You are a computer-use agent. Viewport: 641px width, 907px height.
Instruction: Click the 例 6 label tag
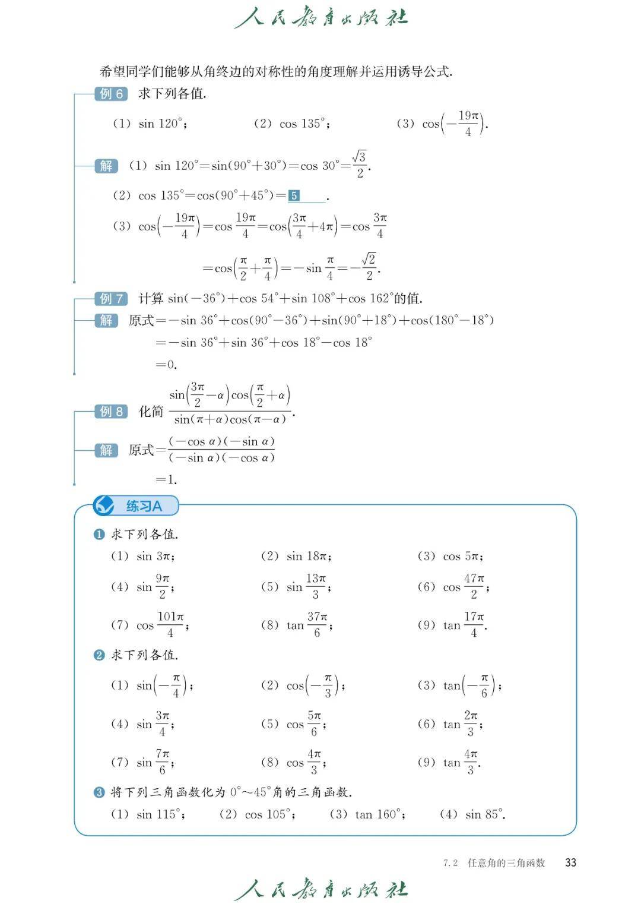click(x=111, y=94)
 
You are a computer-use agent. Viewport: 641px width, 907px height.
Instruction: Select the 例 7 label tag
click(x=111, y=299)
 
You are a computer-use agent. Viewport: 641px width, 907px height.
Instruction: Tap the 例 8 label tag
click(x=111, y=412)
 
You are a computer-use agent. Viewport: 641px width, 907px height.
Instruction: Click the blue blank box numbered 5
click(x=294, y=196)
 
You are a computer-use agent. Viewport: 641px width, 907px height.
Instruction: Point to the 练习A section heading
click(x=144, y=507)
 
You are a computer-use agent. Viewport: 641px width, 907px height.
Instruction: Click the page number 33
click(x=570, y=862)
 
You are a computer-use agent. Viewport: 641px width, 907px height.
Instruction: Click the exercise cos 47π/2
click(x=464, y=587)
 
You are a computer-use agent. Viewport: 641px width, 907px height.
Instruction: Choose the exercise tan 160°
click(x=377, y=814)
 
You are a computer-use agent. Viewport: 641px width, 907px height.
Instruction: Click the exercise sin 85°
click(x=484, y=814)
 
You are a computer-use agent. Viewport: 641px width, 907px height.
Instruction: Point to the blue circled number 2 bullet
click(x=99, y=655)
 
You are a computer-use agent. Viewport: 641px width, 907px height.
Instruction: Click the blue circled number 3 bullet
click(x=99, y=792)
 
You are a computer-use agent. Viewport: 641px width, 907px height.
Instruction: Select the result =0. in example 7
click(x=167, y=365)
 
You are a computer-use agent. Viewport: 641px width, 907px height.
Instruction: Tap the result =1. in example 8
click(x=167, y=479)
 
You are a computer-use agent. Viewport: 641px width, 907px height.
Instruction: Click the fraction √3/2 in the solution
click(x=359, y=165)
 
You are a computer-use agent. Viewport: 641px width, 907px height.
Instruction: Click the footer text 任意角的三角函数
click(x=506, y=863)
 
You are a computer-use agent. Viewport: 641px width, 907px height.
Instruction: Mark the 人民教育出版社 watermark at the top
click(x=321, y=18)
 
